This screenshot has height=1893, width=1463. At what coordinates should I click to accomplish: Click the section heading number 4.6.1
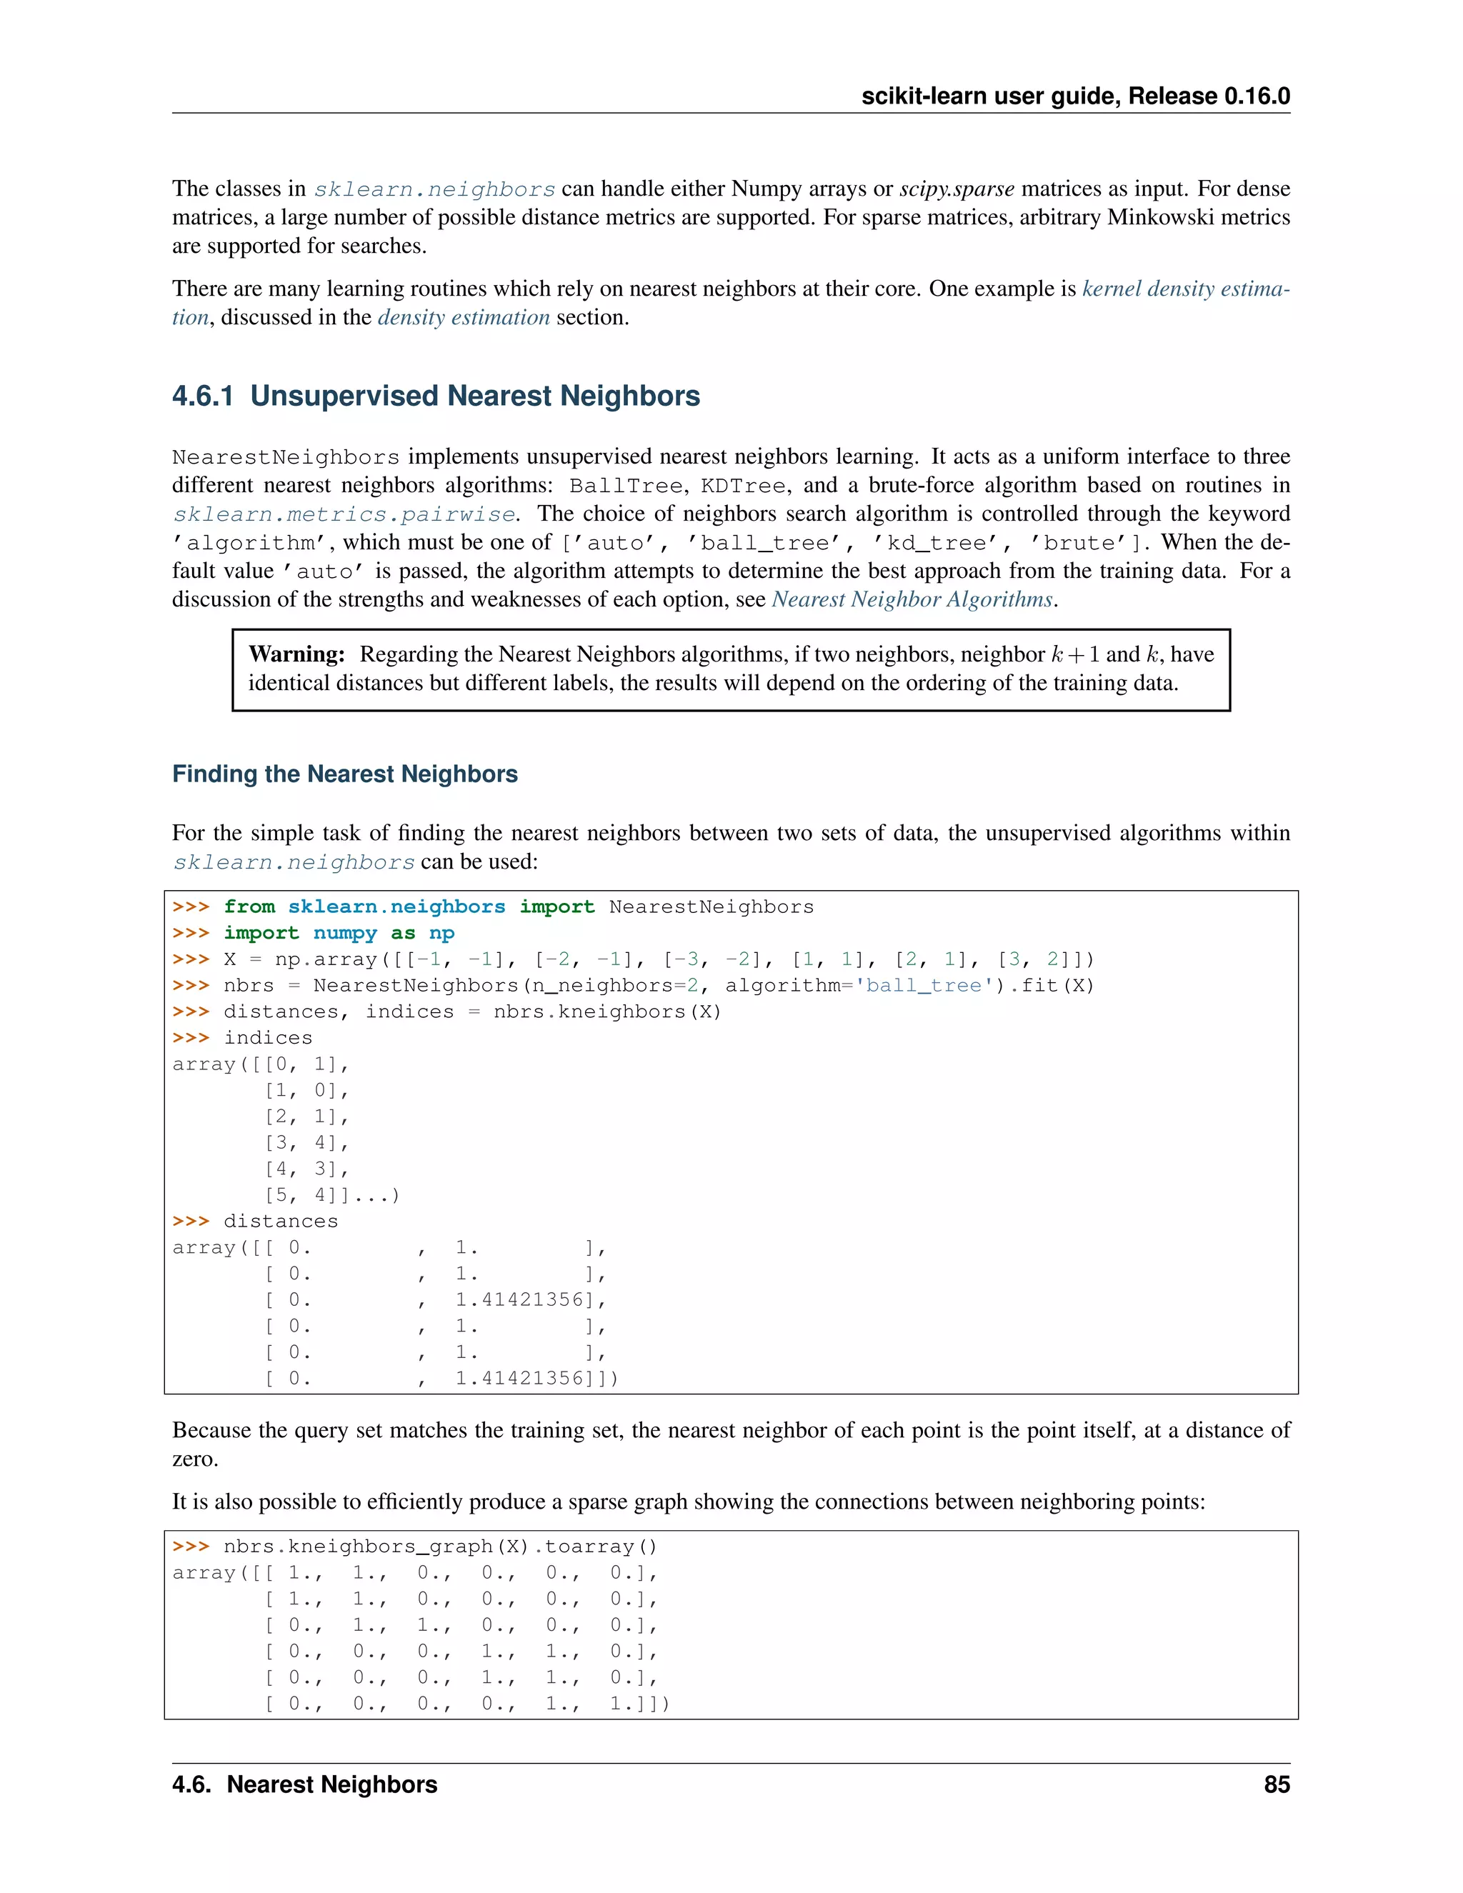(x=203, y=396)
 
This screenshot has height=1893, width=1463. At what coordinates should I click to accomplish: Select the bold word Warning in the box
(x=296, y=654)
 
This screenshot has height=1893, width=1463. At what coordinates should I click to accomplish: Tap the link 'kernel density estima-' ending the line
(x=1186, y=289)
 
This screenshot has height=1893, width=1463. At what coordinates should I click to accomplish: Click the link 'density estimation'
(x=464, y=317)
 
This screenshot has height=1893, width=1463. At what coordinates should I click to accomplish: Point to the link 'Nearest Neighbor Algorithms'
(x=912, y=600)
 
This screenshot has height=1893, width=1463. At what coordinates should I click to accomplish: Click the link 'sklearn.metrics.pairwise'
(x=344, y=514)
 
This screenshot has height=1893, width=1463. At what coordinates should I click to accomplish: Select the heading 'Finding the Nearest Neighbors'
(x=345, y=774)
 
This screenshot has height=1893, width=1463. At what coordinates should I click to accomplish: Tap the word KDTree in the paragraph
(x=743, y=485)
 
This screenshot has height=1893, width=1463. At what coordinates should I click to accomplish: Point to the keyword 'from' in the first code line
(x=249, y=906)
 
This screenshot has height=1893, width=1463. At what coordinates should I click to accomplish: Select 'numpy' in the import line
(x=345, y=934)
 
